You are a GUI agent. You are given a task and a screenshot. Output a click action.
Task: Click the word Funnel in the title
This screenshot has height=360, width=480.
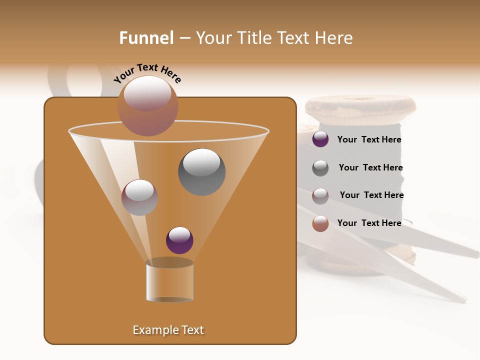pos(146,38)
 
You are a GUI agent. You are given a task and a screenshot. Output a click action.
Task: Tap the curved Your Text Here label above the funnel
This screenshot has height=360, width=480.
pos(147,73)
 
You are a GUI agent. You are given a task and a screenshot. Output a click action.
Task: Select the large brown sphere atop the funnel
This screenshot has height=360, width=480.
pos(147,105)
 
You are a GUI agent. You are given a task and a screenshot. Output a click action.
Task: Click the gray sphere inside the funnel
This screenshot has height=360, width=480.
pos(201,171)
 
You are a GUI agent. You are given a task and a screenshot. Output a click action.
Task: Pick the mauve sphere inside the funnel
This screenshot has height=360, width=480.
pos(139,197)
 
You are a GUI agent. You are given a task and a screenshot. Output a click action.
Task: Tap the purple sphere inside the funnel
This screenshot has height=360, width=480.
pos(179,240)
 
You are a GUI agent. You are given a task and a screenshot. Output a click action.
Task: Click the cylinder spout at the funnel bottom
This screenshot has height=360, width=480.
pos(169,280)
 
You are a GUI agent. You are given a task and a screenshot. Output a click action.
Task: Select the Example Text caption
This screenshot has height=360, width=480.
pos(168,330)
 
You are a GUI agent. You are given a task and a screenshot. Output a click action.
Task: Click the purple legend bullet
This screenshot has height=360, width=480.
pos(320,139)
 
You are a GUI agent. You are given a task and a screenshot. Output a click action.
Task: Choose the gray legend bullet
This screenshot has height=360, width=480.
pos(320,168)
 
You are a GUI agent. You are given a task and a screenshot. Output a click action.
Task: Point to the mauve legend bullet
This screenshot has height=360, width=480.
pos(320,195)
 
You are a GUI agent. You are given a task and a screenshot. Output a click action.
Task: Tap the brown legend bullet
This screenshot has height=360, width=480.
pos(320,223)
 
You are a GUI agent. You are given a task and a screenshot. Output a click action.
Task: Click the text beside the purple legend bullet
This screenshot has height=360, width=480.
pos(369,140)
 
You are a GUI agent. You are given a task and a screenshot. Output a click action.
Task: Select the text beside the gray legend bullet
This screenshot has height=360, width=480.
pos(370,167)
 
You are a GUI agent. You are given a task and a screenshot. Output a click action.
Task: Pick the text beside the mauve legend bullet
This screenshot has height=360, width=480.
pos(371,195)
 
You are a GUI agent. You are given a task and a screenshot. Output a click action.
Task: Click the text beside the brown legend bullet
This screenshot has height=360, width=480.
pos(369,223)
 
